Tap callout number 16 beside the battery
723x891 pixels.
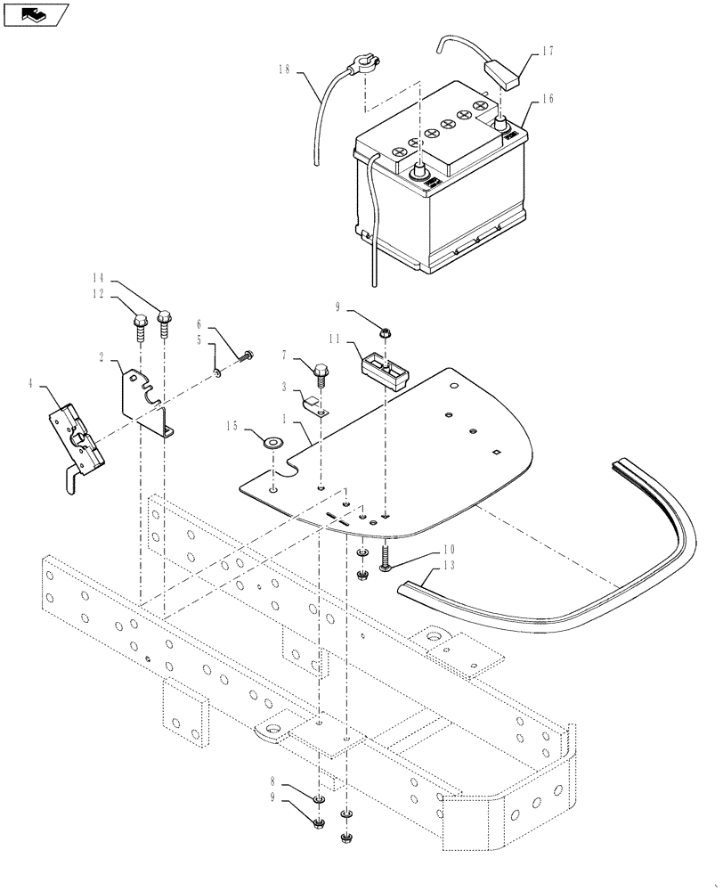tap(546, 99)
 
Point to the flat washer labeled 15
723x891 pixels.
tap(270, 439)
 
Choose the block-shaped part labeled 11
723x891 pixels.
tap(383, 368)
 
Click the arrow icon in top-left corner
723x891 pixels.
tap(35, 13)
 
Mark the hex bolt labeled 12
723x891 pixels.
tap(141, 323)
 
